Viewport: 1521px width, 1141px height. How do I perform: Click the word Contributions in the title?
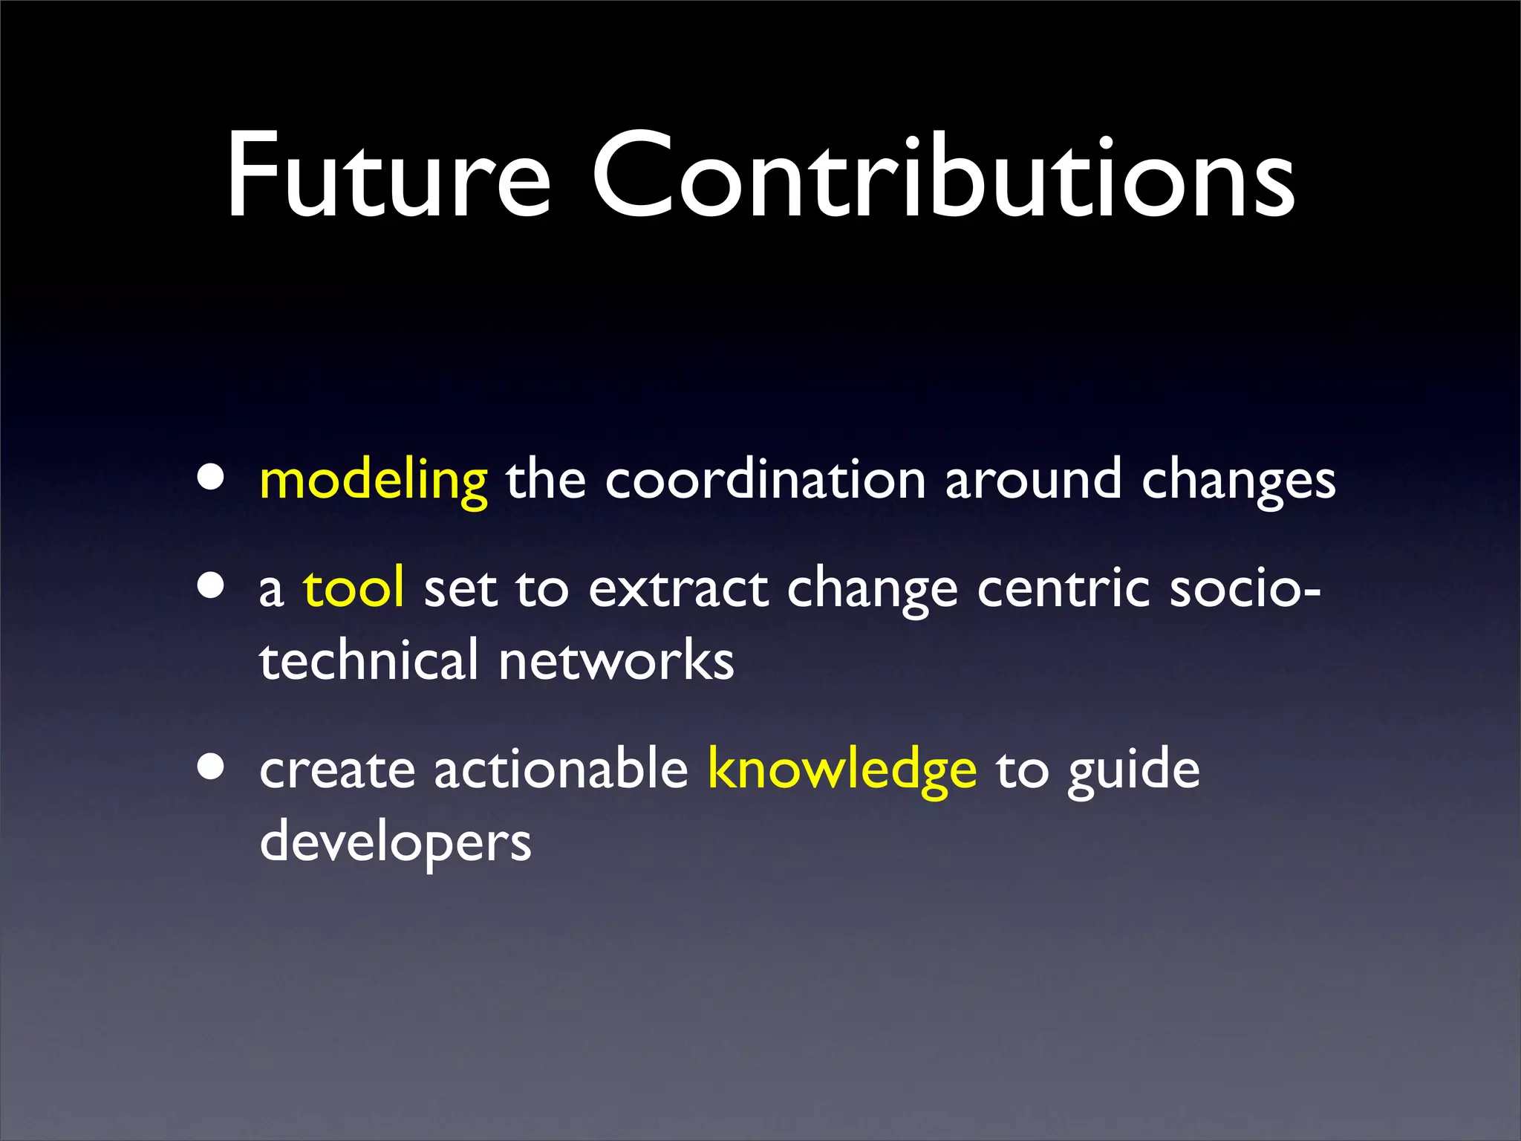tap(943, 176)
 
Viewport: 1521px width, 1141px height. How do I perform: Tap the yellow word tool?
tap(354, 588)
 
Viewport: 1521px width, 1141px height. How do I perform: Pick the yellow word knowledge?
tap(841, 770)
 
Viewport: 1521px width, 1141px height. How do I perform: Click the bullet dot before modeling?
tap(211, 479)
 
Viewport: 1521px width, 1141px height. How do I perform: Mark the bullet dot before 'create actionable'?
tap(211, 767)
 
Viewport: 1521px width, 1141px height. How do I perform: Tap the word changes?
tap(1238, 481)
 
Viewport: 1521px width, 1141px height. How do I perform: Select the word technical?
tap(368, 660)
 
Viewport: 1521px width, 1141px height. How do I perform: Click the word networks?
tap(616, 660)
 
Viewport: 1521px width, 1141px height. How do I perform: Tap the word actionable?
tap(561, 770)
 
